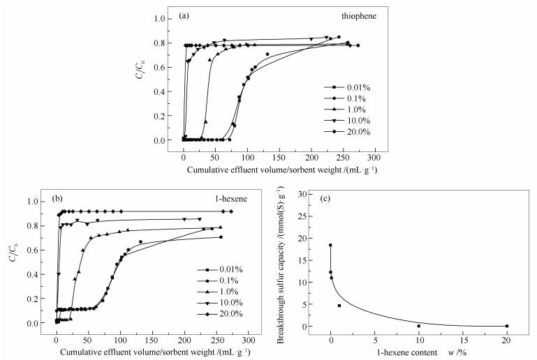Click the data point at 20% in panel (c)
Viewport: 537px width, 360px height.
507,326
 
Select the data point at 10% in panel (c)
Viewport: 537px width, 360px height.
419,326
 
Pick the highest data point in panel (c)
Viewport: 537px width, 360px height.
330,245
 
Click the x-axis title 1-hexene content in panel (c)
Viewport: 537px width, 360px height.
409,353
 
